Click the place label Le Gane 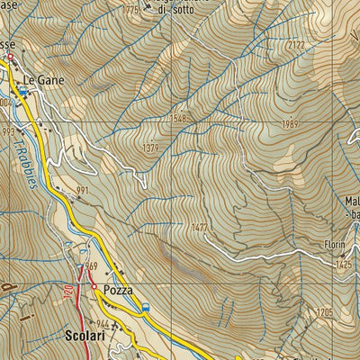pyautogui.click(x=42, y=79)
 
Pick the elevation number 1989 pyautogui.click(x=289, y=123)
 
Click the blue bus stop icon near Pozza pyautogui.click(x=146, y=309)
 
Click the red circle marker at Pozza pyautogui.click(x=93, y=288)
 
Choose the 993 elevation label pyautogui.click(x=9, y=131)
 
